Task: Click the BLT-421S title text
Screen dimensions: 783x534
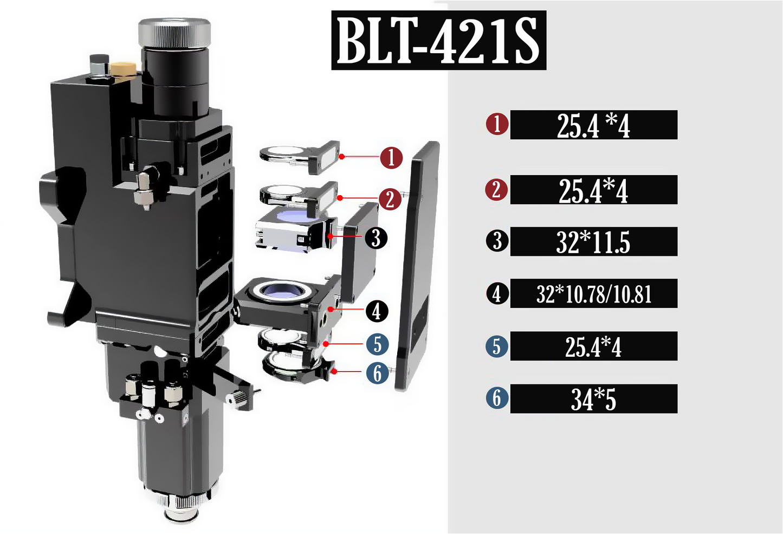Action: (439, 40)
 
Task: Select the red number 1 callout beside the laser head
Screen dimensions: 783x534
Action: (391, 158)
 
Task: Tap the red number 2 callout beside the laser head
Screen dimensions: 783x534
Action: (390, 199)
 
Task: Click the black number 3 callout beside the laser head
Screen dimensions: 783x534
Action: (376, 238)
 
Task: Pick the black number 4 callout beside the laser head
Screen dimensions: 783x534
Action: (377, 311)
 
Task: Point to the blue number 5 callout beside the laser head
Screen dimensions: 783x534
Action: (378, 344)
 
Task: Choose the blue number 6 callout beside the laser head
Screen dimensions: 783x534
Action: (378, 373)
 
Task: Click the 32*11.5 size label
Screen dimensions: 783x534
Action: (593, 242)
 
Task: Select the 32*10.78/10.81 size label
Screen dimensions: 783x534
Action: (594, 294)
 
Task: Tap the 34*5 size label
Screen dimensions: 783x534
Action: (593, 399)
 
